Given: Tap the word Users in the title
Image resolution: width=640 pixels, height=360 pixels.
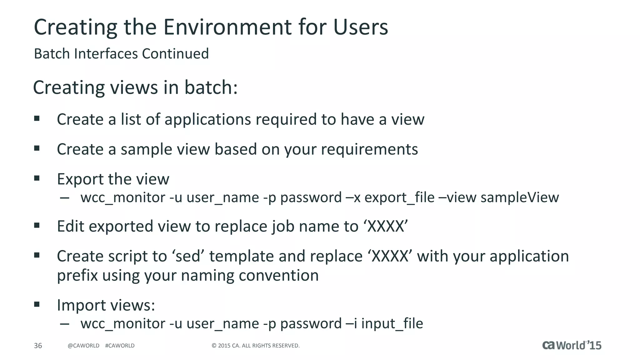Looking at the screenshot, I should [361, 27].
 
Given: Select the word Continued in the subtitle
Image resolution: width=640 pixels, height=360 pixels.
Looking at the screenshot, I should [175, 54].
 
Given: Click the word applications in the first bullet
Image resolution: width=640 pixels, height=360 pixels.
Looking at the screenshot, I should [207, 119].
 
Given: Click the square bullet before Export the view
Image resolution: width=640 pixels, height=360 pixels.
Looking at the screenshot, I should [37, 178].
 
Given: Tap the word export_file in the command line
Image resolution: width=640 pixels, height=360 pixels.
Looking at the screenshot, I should [399, 197].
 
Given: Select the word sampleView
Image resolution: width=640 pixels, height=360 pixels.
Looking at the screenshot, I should [519, 197].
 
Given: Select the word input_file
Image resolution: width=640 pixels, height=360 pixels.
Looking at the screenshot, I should [392, 323].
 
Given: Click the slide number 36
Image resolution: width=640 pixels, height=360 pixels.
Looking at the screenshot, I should [38, 346].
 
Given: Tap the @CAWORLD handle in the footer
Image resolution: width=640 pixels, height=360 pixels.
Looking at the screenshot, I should [83, 346].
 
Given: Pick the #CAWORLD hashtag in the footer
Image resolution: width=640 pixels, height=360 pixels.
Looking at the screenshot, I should [120, 346].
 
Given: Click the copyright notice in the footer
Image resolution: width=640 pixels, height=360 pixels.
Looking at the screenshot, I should [256, 346].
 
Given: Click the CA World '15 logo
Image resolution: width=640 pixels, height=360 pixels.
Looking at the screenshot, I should [572, 345].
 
